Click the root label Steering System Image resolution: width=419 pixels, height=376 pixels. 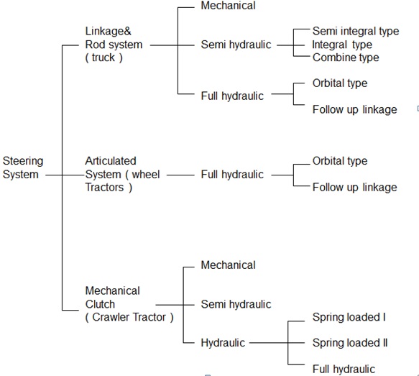pos(23,168)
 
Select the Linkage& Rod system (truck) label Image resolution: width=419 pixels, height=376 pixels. pos(114,45)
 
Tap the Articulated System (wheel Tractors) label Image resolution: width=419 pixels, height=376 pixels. pos(122,174)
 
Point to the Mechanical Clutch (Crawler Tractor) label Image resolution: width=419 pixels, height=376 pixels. pos(129,304)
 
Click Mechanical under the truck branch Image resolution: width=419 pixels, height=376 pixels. pos(229,6)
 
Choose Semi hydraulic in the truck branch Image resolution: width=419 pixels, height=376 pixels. pos(236,45)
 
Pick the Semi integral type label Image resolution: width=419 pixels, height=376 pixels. pos(356,31)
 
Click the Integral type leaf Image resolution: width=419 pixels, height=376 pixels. pos(342,45)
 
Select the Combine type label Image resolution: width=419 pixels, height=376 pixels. pos(346,58)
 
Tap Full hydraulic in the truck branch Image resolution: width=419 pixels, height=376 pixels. pos(232,96)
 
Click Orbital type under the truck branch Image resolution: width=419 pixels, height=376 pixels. pos(340,83)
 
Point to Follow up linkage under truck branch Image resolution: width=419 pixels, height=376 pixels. pos(354,109)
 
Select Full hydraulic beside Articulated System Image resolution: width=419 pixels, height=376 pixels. pos(232,175)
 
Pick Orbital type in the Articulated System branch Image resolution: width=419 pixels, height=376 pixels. pos(340,161)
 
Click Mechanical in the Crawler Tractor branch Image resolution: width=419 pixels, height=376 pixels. pos(229,265)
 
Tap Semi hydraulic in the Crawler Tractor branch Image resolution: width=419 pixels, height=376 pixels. pos(236,304)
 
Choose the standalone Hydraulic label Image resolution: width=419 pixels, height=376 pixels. pos(223,343)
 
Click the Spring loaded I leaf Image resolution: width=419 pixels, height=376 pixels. pos(349,317)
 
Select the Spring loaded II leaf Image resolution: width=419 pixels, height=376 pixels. pos(350,343)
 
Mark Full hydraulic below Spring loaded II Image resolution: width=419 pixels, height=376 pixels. pos(344,369)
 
